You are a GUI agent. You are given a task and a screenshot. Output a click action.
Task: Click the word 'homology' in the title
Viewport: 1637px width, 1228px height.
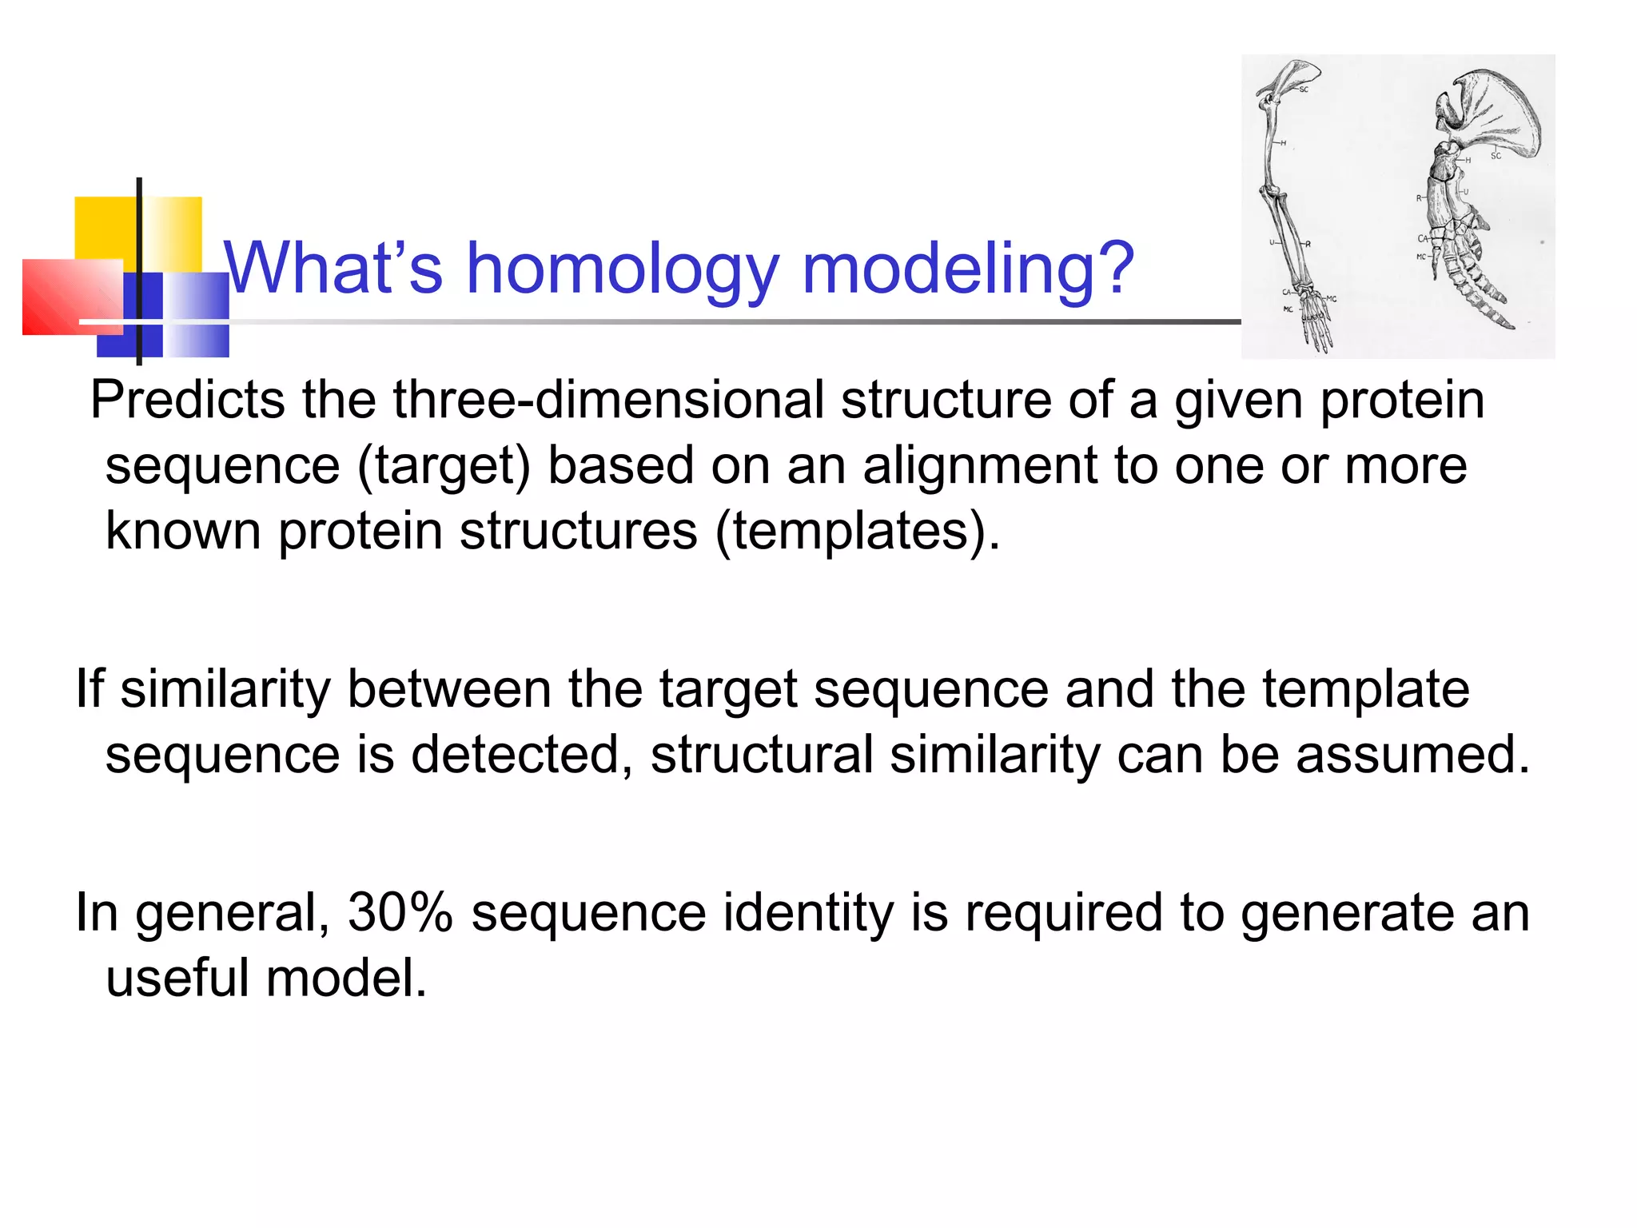(x=622, y=270)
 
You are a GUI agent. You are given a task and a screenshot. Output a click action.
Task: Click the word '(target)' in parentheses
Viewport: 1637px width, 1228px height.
(x=443, y=467)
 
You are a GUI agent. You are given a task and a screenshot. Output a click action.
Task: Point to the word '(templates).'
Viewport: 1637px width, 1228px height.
(x=856, y=532)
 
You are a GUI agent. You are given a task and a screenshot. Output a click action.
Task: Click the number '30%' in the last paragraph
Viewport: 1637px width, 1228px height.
(x=400, y=913)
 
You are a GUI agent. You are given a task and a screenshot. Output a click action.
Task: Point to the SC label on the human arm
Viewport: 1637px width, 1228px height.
(x=1304, y=90)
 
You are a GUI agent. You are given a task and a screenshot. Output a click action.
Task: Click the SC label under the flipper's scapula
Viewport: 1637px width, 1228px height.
(x=1496, y=157)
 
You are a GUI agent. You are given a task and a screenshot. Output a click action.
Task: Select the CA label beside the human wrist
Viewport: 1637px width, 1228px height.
(x=1287, y=293)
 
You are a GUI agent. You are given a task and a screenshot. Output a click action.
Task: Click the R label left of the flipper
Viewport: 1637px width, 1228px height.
(x=1419, y=198)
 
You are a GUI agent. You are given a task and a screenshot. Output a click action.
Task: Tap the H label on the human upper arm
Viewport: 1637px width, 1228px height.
(x=1283, y=144)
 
